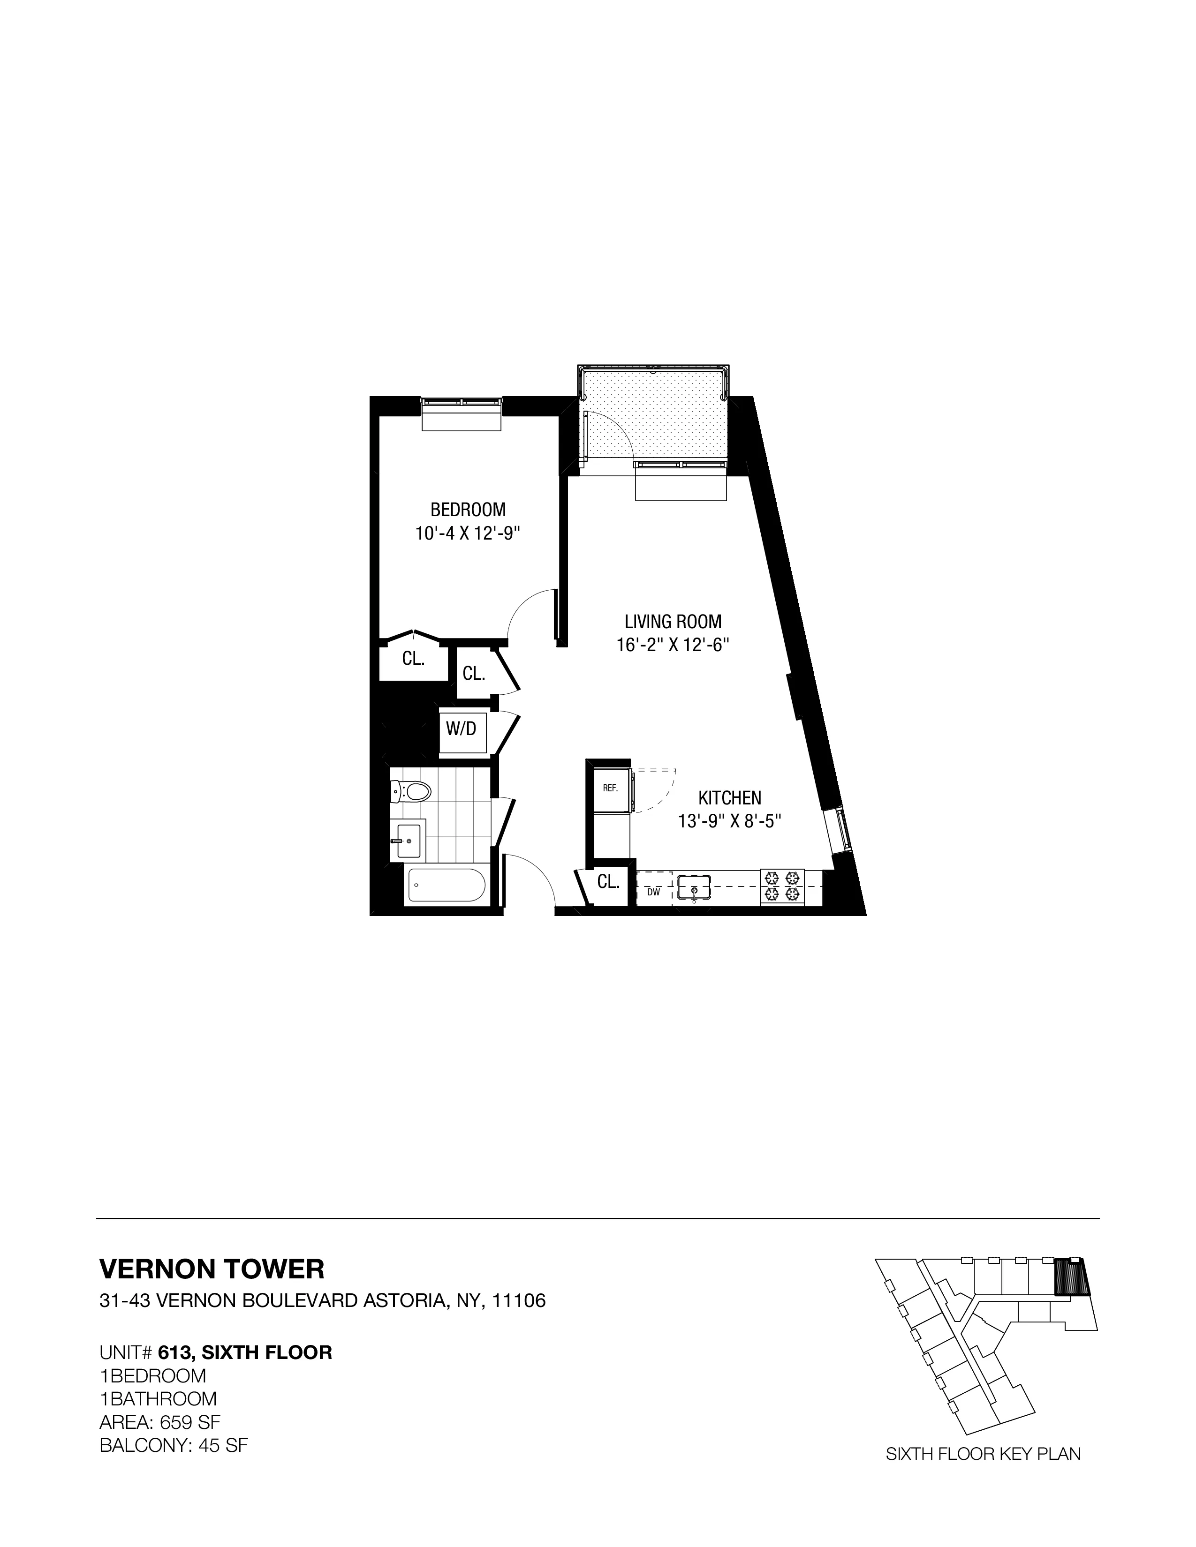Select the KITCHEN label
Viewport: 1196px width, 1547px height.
[x=730, y=797]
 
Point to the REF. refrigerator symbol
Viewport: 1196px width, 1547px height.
[x=610, y=787]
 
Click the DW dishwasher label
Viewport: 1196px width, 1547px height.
[x=653, y=893]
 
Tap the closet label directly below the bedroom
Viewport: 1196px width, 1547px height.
[x=413, y=659]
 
